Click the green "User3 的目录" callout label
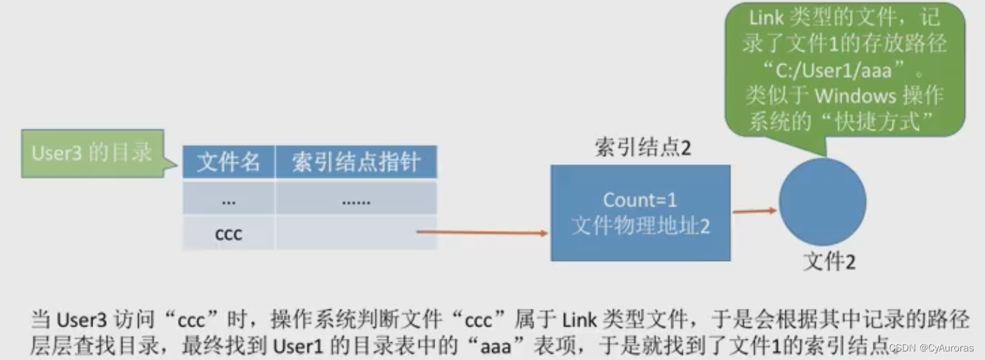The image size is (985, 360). tap(92, 153)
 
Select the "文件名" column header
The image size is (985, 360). tap(228, 163)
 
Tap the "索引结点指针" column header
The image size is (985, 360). tap(356, 163)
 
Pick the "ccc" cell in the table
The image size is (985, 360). tap(228, 233)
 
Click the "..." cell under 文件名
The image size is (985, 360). tap(228, 200)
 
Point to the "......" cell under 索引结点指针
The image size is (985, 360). tap(356, 201)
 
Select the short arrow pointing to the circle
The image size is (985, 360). tap(755, 211)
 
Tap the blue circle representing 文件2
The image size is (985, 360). tap(822, 201)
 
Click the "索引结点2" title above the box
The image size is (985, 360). tap(642, 147)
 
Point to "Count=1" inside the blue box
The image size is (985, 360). tap(641, 200)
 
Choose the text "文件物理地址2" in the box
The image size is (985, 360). tap(641, 226)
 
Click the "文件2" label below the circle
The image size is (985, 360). tap(829, 263)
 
